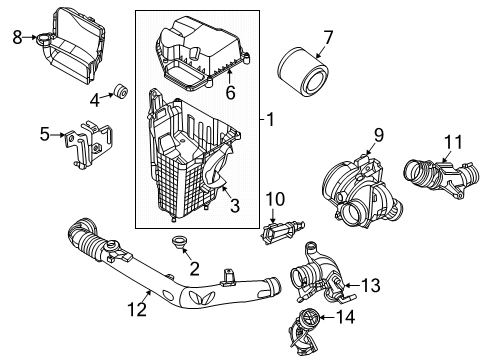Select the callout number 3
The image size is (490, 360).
[x=233, y=208]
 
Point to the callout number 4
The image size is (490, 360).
[x=95, y=98]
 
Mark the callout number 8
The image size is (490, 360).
[x=16, y=38]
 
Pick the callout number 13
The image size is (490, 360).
[x=370, y=286]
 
